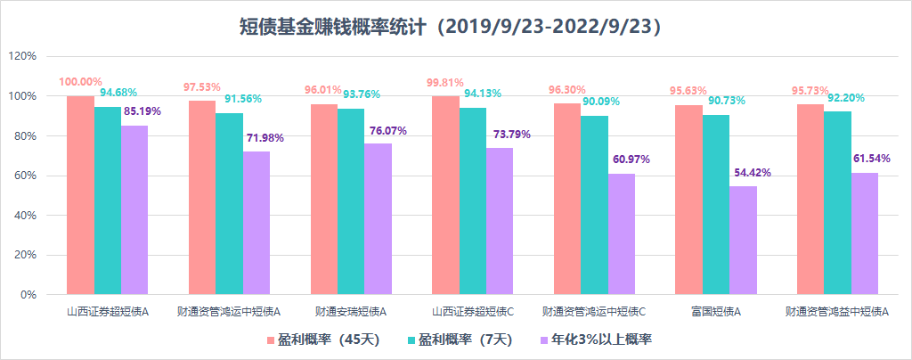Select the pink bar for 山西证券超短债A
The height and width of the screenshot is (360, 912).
(x=80, y=194)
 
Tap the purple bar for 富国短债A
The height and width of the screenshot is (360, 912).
(x=743, y=240)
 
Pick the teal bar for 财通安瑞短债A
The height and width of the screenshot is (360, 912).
(x=351, y=201)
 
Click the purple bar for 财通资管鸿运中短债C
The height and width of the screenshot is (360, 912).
(x=622, y=233)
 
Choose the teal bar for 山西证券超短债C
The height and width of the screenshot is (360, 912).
(x=472, y=200)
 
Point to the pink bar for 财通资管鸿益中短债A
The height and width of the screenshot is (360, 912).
(x=810, y=199)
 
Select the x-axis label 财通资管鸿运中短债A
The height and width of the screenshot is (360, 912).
(x=229, y=313)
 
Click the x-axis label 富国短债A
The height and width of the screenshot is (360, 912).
(x=715, y=313)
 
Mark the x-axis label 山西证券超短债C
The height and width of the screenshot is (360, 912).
(x=472, y=313)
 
